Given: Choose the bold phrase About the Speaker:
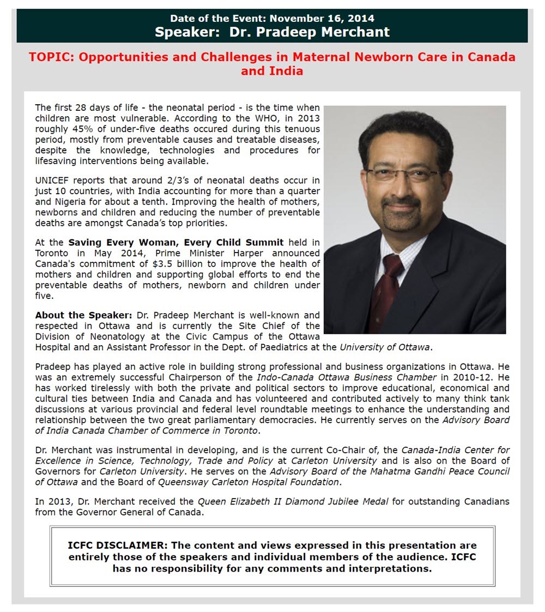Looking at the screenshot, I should tap(83, 315).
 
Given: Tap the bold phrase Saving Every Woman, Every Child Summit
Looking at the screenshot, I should tap(175, 242).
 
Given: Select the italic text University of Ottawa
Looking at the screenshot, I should tap(385, 346).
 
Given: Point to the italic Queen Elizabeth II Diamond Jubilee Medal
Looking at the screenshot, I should tap(293, 502).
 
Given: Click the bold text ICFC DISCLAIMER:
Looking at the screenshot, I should tap(118, 545).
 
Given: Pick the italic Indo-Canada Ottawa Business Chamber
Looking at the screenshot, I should tap(348, 377).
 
